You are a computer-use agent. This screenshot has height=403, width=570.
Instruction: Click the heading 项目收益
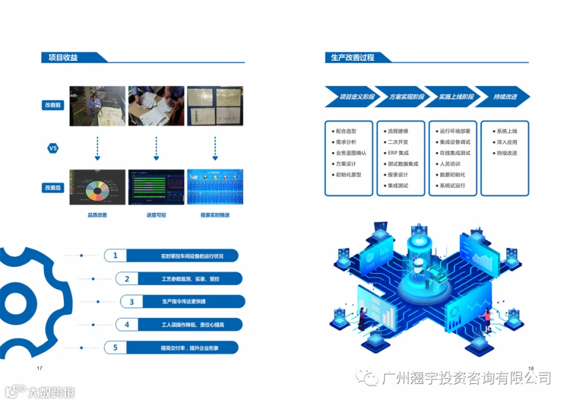[63, 58]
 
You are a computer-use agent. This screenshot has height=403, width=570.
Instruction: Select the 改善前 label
[54, 105]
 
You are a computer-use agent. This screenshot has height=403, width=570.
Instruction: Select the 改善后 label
[54, 188]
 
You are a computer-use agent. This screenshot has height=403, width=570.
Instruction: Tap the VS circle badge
[54, 148]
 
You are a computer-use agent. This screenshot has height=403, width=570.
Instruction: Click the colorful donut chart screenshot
[97, 187]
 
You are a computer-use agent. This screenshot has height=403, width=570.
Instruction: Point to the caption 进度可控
[156, 215]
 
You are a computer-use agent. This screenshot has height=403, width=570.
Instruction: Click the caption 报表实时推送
[215, 215]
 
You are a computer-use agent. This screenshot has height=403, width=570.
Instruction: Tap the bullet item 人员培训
[450, 163]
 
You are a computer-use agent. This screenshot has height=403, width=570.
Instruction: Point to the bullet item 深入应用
[507, 142]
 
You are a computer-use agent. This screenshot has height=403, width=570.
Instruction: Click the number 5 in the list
[115, 347]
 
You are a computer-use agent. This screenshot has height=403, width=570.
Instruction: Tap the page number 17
[39, 368]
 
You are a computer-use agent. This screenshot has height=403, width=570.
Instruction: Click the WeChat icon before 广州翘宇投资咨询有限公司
[369, 378]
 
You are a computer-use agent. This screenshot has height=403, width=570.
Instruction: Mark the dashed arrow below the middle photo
[156, 148]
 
